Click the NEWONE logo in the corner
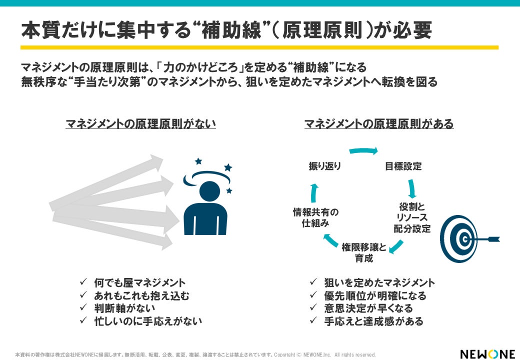tap(487, 353)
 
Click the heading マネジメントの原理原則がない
tap(140, 123)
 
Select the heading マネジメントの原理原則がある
tap(379, 123)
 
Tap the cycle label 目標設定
tap(403, 166)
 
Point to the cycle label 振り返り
tap(325, 166)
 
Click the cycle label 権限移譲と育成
tap(364, 253)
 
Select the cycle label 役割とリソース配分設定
tap(412, 217)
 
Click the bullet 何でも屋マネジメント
tap(139, 283)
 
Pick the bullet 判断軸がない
tap(124, 308)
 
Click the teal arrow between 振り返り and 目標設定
tap(363, 150)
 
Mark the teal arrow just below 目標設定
tap(412, 188)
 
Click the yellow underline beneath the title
tap(259, 47)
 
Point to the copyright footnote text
tap(195, 354)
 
